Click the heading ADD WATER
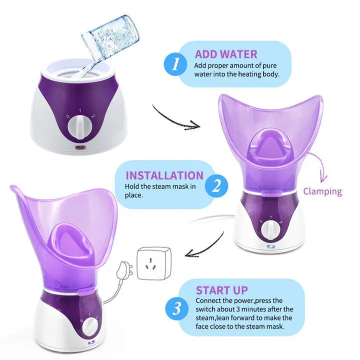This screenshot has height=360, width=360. [226, 54]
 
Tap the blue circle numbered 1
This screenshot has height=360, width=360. [175, 63]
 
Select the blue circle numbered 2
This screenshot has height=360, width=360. [216, 185]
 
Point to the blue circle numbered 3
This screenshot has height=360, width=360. [177, 308]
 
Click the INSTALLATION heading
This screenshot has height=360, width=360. [164, 175]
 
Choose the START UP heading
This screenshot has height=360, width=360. [222, 290]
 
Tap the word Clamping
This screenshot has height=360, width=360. [322, 191]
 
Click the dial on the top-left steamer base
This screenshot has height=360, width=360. [80, 127]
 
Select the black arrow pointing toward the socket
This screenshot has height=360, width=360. [205, 247]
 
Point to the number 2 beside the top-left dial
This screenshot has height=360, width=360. [93, 116]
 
